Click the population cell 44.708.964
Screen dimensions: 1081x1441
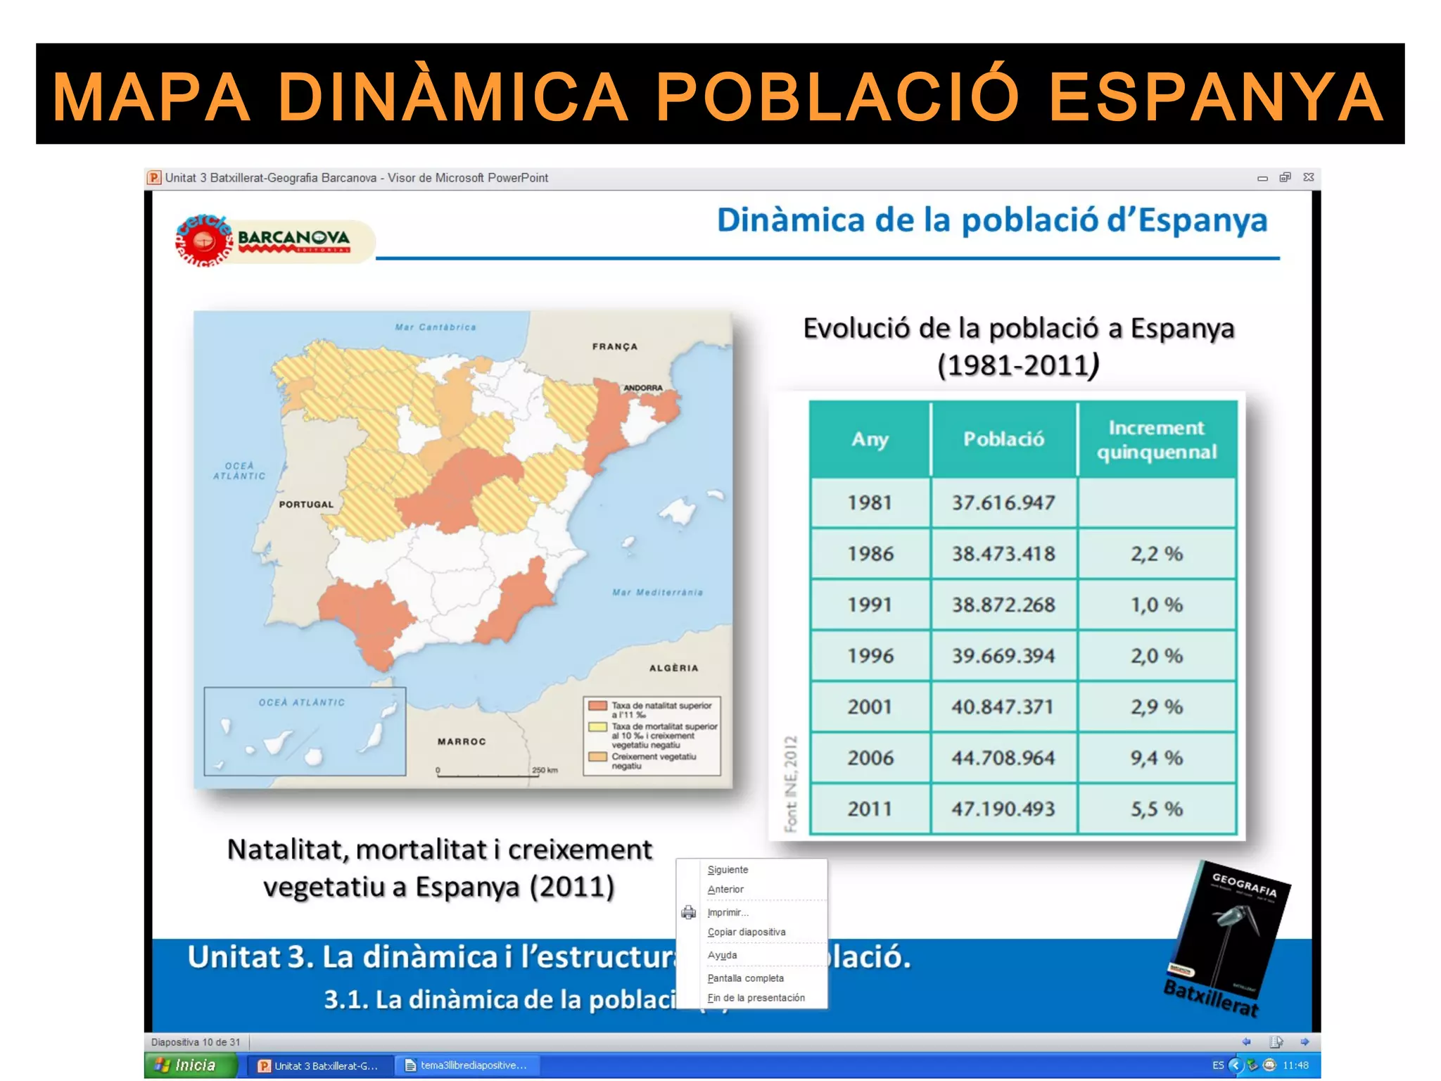tap(1003, 758)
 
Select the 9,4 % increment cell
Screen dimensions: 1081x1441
tap(1156, 758)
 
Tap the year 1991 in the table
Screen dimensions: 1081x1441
tap(870, 605)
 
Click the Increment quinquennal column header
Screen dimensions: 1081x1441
tap(1156, 439)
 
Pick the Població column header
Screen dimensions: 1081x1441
tap(1003, 439)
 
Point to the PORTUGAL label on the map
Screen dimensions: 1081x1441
tap(306, 505)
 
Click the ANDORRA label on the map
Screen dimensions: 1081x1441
tap(642, 388)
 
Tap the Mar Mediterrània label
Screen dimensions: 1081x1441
tap(657, 593)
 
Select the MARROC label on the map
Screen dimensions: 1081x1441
tap(462, 742)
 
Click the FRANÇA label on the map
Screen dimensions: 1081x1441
tap(614, 347)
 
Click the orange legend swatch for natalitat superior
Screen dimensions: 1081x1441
tap(597, 706)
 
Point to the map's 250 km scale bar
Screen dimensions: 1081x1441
tap(485, 774)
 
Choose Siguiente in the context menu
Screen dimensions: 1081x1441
tap(728, 870)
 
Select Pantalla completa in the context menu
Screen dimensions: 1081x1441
tap(745, 978)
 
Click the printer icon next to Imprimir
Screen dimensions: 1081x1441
tap(688, 913)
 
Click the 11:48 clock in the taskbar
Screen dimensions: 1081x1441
tap(1295, 1066)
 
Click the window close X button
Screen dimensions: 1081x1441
tap(1308, 177)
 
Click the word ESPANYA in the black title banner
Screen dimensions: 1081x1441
tap(1216, 96)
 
